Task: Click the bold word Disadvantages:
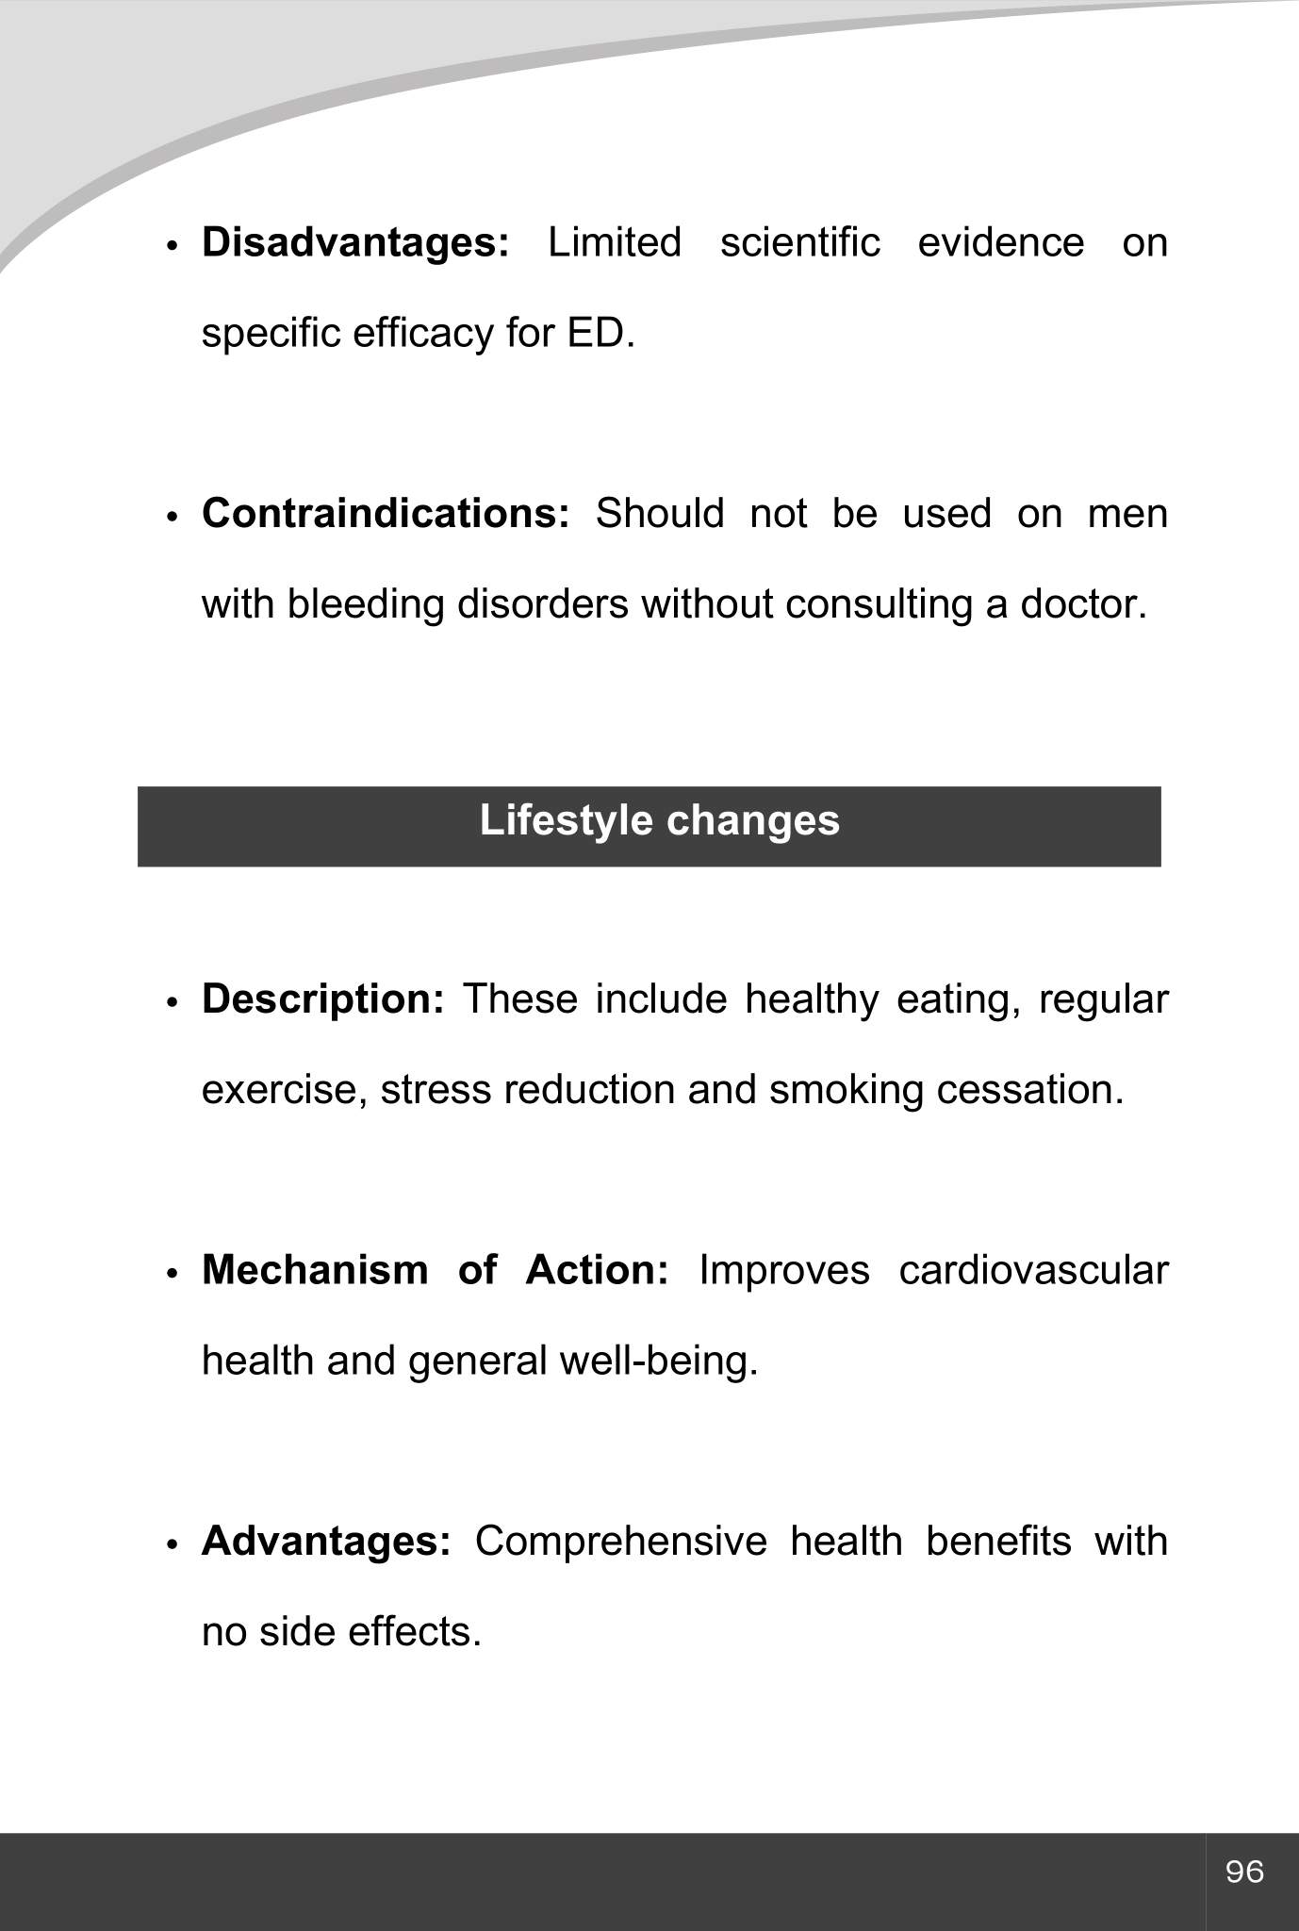pyautogui.click(x=355, y=243)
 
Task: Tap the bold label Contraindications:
pyautogui.click(x=386, y=514)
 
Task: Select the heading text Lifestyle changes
pyautogui.click(x=659, y=820)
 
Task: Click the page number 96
pyautogui.click(x=1244, y=1872)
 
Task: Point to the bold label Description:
pyautogui.click(x=322, y=999)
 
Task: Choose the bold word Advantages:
pyautogui.click(x=326, y=1542)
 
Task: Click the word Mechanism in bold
pyautogui.click(x=315, y=1270)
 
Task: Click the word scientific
pyautogui.click(x=799, y=243)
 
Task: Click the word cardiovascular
pyautogui.click(x=1033, y=1270)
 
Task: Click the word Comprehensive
pyautogui.click(x=620, y=1542)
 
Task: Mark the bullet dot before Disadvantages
pyautogui.click(x=172, y=246)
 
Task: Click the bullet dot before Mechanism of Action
pyautogui.click(x=172, y=1274)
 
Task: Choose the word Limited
pyautogui.click(x=615, y=243)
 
